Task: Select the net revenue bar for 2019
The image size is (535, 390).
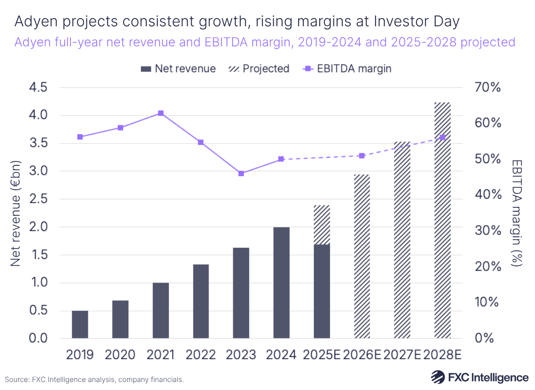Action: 80,324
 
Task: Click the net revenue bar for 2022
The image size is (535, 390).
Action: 201,301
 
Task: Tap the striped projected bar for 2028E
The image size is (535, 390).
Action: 443,220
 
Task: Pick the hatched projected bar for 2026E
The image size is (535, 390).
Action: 362,256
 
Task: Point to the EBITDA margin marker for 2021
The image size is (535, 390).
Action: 160,113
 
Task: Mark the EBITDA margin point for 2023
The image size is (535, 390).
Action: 241,173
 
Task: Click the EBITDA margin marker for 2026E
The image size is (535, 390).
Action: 362,156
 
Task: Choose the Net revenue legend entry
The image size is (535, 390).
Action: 178,69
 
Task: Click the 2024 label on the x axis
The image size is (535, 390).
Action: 281,354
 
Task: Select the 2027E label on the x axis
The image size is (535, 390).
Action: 403,354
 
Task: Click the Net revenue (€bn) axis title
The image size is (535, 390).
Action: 16,213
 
